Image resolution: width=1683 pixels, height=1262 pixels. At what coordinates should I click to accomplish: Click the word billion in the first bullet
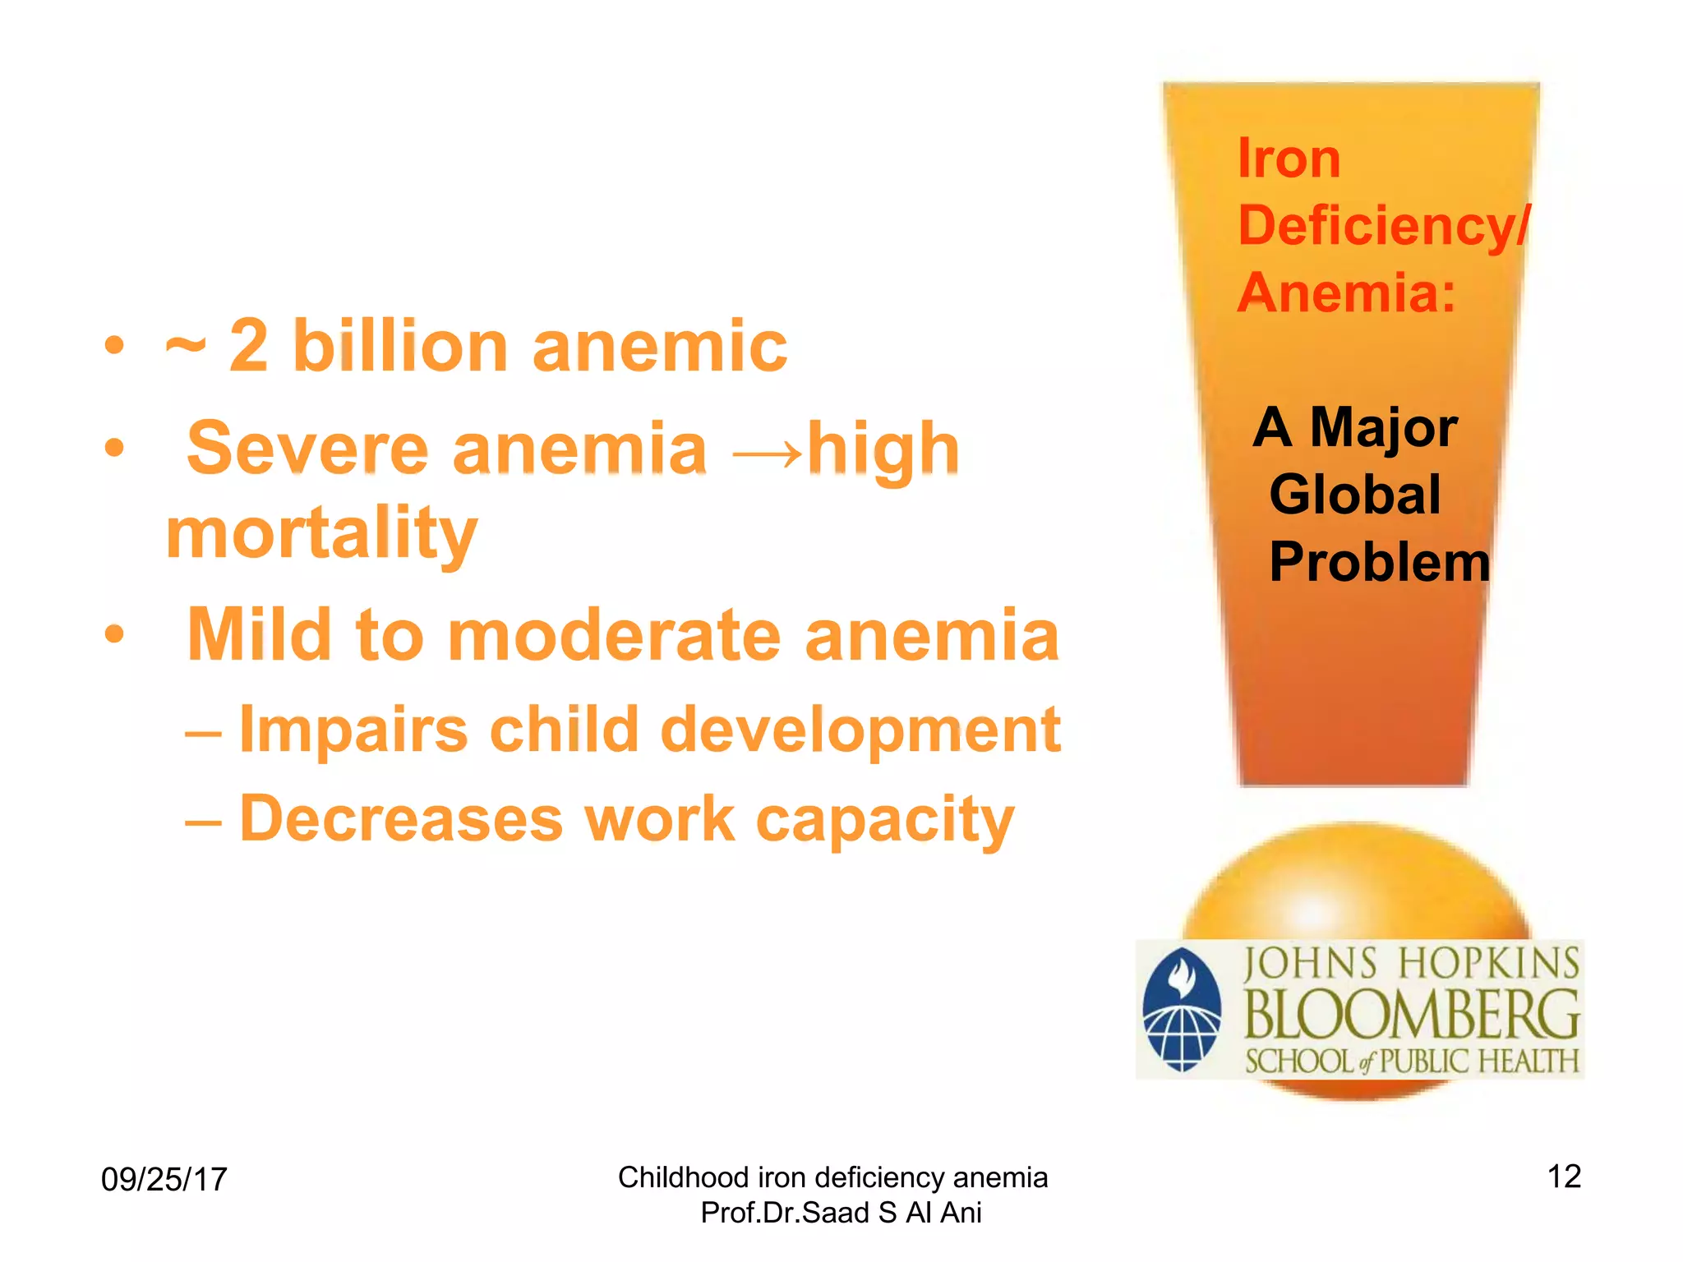tap(401, 347)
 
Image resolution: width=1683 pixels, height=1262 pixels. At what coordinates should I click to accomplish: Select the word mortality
tap(321, 534)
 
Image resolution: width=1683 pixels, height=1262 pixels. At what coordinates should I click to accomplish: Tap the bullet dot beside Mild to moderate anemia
tap(114, 634)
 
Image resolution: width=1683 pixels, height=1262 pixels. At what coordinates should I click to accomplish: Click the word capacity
tap(885, 821)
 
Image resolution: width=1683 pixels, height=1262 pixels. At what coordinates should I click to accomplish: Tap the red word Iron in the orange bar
tap(1288, 159)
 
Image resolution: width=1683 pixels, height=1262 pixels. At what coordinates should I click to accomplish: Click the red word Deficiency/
tap(1383, 226)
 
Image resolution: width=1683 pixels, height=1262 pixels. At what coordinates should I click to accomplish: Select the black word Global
tap(1354, 495)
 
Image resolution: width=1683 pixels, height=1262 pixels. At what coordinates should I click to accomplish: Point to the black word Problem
tap(1379, 563)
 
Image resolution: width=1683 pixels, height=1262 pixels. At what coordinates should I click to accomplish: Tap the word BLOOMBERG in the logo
tap(1410, 1016)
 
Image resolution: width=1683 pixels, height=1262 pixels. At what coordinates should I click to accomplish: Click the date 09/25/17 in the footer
tap(164, 1180)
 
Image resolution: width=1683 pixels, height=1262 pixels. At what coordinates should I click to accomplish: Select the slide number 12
tap(1563, 1177)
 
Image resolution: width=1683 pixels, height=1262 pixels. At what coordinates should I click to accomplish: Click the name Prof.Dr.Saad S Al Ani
tap(840, 1213)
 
